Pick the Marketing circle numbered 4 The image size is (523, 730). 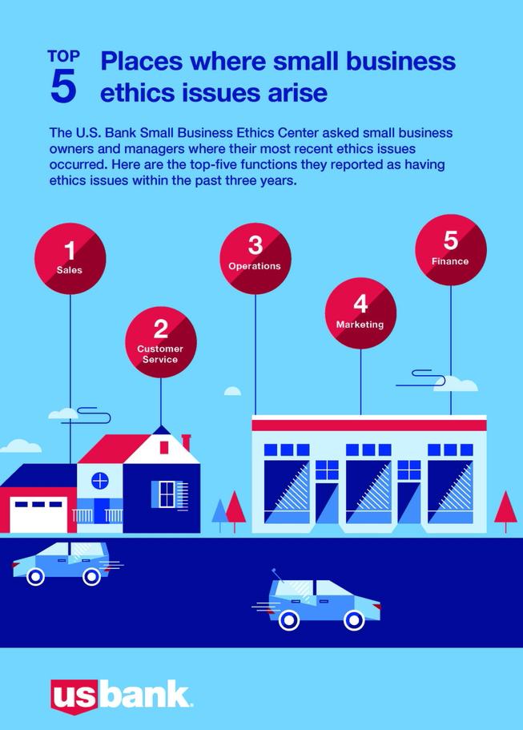pyautogui.click(x=360, y=313)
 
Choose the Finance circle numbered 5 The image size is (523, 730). pyautogui.click(x=450, y=249)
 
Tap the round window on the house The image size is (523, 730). pyautogui.click(x=99, y=481)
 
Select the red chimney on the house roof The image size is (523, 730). pyautogui.click(x=187, y=442)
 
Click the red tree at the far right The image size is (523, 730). pyautogui.click(x=505, y=508)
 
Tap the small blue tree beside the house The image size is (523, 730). pyautogui.click(x=219, y=513)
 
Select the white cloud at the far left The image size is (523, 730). pyautogui.click(x=21, y=446)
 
